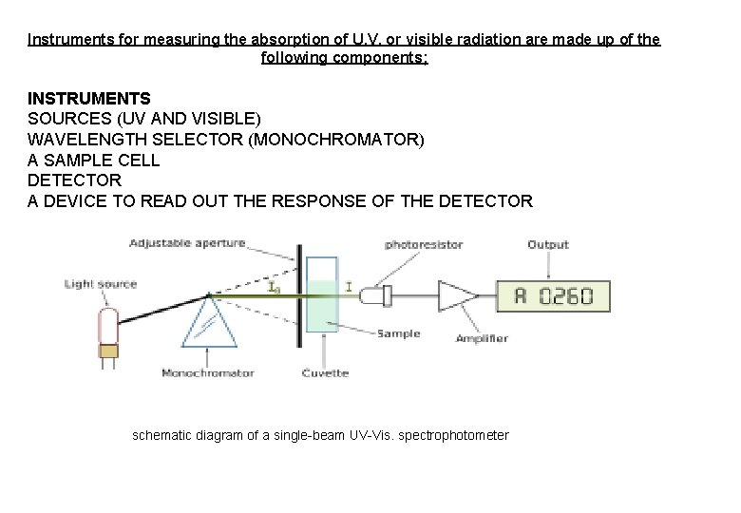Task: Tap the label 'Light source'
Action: pyautogui.click(x=101, y=283)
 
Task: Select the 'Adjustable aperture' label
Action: pyautogui.click(x=187, y=243)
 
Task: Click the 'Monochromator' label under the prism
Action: pyautogui.click(x=207, y=372)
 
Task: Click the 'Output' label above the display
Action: pyautogui.click(x=548, y=244)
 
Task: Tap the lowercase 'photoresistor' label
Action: pyautogui.click(x=424, y=244)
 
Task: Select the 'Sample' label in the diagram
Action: pyautogui.click(x=398, y=333)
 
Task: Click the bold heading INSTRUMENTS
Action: pyautogui.click(x=88, y=98)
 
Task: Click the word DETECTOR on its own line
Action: pyautogui.click(x=74, y=180)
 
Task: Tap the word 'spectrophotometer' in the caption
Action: pyautogui.click(x=452, y=435)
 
